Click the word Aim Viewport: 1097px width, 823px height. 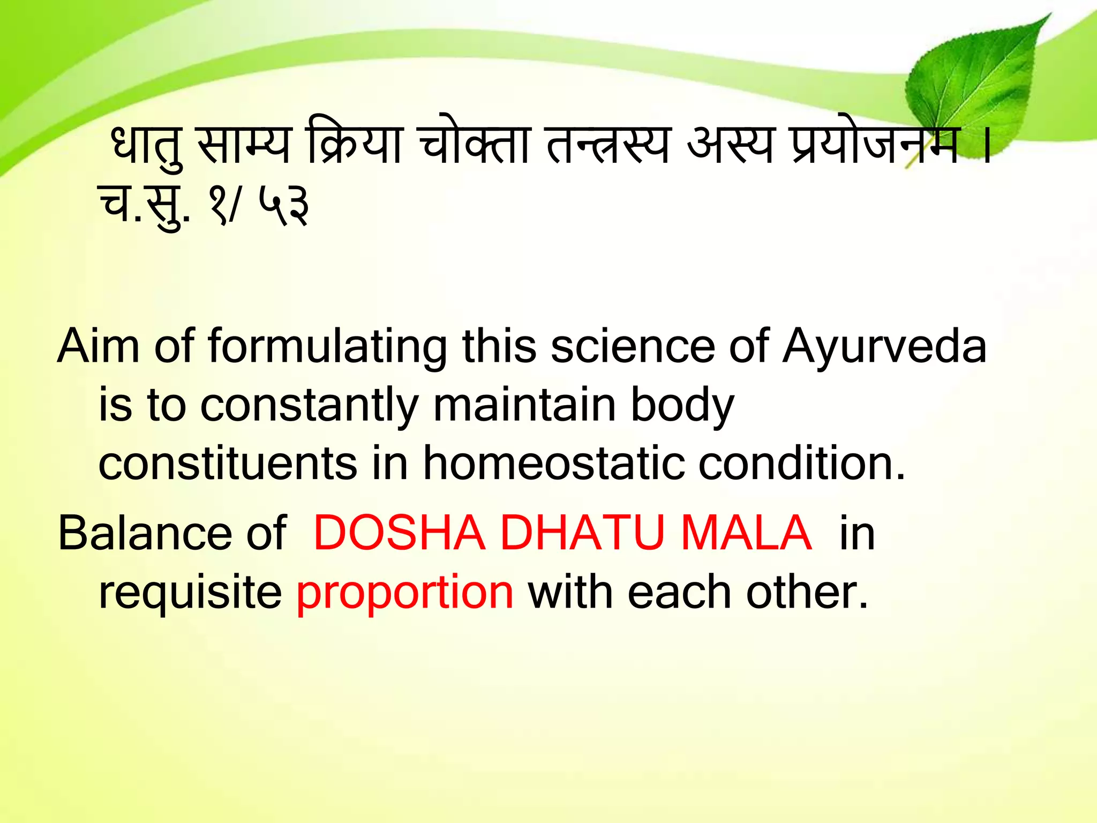(x=99, y=347)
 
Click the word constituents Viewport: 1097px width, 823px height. (x=228, y=463)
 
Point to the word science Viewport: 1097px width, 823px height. (x=633, y=347)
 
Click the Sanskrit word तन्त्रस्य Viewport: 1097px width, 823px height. (x=608, y=146)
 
